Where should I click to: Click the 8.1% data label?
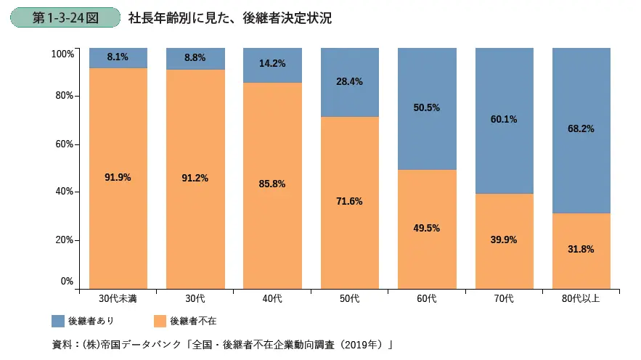click(x=118, y=57)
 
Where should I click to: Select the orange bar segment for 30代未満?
click(x=118, y=210)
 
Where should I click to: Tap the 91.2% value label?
click(x=195, y=179)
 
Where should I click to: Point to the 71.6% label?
click(x=349, y=201)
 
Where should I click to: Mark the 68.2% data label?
click(x=581, y=129)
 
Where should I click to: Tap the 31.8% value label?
click(x=581, y=249)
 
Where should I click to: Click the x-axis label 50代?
click(x=349, y=298)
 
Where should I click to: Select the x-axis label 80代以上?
click(x=581, y=298)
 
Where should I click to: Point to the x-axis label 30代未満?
click(x=118, y=298)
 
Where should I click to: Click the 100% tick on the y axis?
click(x=62, y=54)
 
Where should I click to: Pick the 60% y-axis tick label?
click(x=65, y=144)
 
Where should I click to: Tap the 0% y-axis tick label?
click(x=67, y=281)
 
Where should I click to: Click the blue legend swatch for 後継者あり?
click(x=59, y=320)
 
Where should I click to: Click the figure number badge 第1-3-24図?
click(x=65, y=18)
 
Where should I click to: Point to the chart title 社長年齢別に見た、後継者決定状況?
click(x=229, y=18)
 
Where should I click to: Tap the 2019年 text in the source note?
click(x=358, y=343)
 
